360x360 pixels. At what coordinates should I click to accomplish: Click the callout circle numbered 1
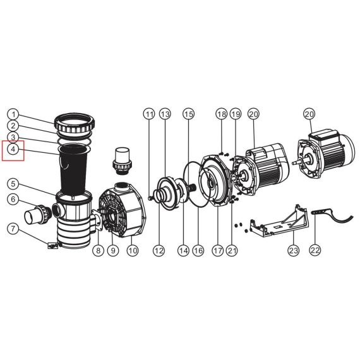13,114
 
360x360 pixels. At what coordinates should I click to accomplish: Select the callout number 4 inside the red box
13,149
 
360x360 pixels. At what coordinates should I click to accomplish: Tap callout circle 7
13,229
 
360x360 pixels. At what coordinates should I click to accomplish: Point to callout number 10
133,250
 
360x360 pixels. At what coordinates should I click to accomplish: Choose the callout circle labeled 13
165,114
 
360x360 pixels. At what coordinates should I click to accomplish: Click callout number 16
198,250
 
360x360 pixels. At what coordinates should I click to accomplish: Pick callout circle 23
294,250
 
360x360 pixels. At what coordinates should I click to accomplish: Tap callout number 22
315,249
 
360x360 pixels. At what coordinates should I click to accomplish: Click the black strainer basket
73,170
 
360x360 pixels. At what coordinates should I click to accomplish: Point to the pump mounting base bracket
279,220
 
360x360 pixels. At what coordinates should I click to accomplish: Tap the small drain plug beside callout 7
53,246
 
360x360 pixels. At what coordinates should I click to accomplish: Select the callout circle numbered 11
150,114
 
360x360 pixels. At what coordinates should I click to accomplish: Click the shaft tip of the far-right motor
293,163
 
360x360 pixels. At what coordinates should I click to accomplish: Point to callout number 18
222,114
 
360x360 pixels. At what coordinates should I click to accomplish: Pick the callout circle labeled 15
188,114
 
